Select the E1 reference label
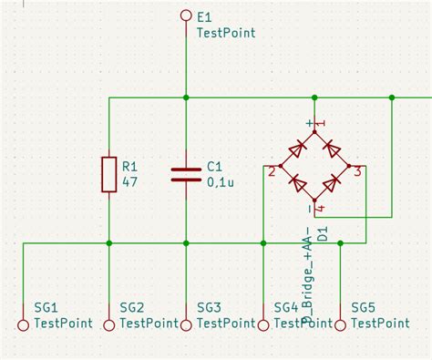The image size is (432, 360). point(204,17)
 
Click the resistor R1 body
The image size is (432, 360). point(109,173)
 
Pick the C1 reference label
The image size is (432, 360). point(214,167)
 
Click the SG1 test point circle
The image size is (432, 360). point(25,324)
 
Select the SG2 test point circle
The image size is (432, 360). point(109,324)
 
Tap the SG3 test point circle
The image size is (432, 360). point(186,324)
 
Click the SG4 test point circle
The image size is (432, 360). point(262,324)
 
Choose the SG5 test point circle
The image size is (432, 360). point(340,324)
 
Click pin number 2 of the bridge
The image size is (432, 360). point(272,170)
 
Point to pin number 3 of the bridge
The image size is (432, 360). point(358,170)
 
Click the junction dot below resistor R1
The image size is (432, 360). point(109,243)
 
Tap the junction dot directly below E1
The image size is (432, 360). point(186,97)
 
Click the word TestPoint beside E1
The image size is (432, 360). point(226,33)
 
